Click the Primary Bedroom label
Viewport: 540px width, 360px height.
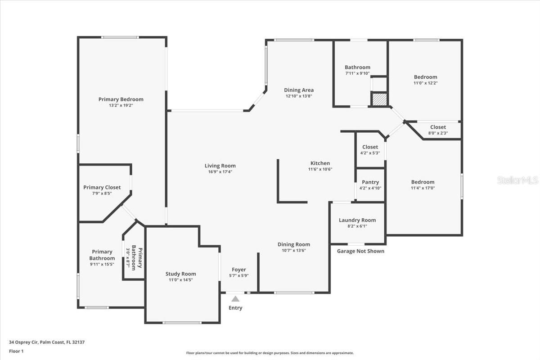(x=121, y=99)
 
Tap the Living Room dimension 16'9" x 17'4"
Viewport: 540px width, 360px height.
(x=220, y=171)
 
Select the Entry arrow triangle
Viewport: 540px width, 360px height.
(x=235, y=298)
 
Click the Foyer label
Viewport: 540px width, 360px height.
(x=238, y=270)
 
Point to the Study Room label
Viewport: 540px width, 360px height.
(x=180, y=274)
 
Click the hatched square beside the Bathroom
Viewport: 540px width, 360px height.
(x=378, y=99)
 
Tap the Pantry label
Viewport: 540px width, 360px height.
(x=370, y=182)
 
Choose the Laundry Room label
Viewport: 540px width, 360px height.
(x=357, y=220)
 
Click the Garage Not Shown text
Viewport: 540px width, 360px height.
(x=360, y=251)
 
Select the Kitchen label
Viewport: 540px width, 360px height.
(x=320, y=163)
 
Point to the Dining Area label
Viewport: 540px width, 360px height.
(x=299, y=90)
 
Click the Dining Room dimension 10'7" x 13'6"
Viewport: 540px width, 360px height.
(x=293, y=250)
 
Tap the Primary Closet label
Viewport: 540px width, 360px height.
(x=102, y=187)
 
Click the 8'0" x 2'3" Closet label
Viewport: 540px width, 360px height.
(x=438, y=127)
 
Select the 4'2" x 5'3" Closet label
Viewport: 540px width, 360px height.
(x=370, y=147)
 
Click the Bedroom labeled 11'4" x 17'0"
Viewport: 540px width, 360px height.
(x=423, y=182)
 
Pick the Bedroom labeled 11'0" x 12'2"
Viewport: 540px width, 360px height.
(x=425, y=77)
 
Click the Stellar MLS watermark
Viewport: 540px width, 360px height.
(x=517, y=180)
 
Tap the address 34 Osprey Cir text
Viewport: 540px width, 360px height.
(x=47, y=342)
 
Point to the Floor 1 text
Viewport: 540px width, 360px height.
(x=16, y=351)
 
